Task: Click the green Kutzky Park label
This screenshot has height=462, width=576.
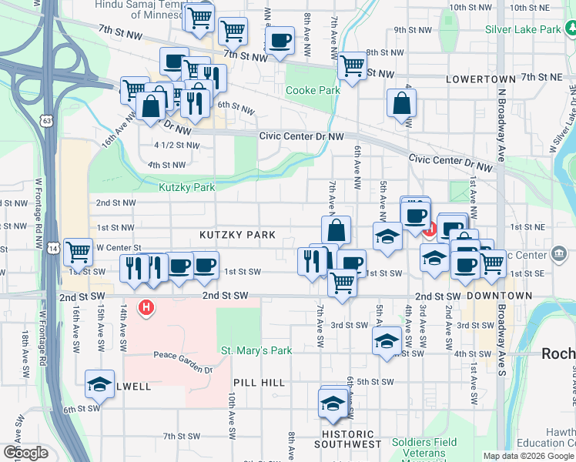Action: coord(187,187)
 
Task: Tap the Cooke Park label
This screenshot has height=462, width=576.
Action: coord(313,90)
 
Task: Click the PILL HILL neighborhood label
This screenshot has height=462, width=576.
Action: coord(259,383)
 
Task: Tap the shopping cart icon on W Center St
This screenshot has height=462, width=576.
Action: coord(78,250)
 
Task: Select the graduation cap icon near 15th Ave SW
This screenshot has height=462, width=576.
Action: coord(99,383)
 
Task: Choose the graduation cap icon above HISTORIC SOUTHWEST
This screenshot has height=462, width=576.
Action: coord(333,402)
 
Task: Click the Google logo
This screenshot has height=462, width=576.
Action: coord(25,453)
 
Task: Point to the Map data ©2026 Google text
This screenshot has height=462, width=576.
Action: coord(528,456)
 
